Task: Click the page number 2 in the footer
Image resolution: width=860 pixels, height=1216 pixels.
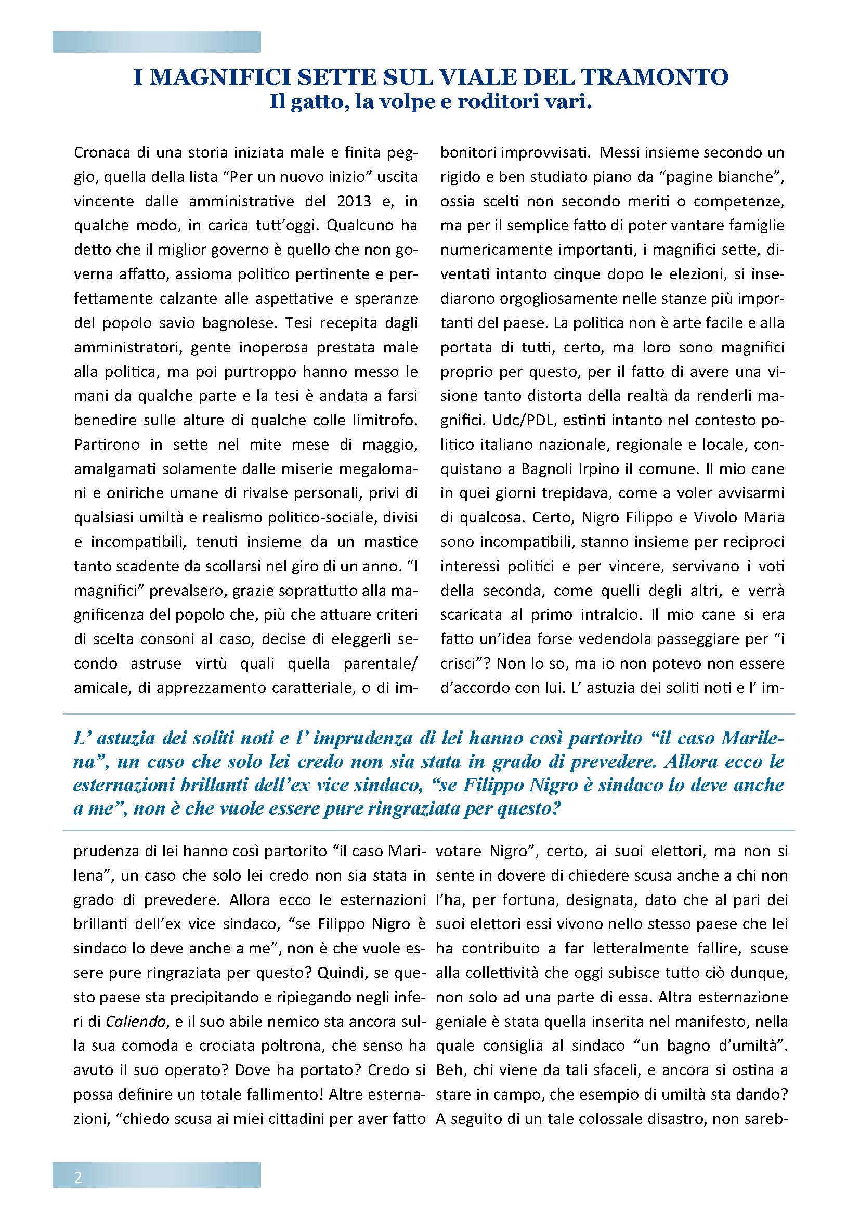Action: [79, 1174]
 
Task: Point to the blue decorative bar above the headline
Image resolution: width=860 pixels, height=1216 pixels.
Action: [156, 42]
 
